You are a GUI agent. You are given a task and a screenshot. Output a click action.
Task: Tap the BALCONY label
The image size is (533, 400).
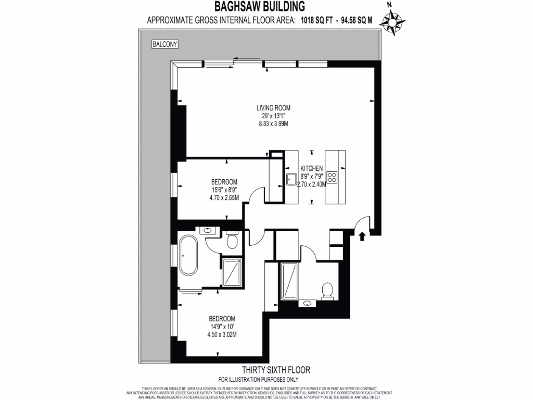(x=165, y=45)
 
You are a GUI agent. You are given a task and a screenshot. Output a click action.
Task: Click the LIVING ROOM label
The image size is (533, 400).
(x=273, y=108)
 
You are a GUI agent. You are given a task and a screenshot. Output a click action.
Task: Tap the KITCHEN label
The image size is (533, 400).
(x=312, y=169)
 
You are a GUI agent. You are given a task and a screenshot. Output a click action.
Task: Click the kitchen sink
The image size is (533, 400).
(x=290, y=180)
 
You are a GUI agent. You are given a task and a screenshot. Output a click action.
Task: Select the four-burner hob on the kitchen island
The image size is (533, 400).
(x=332, y=177)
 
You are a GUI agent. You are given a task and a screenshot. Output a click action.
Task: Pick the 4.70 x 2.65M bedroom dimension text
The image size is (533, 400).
(x=224, y=198)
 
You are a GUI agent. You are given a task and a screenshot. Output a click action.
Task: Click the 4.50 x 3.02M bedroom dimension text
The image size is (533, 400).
(x=222, y=334)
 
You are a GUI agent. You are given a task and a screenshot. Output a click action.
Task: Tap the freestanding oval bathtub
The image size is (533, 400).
(x=188, y=256)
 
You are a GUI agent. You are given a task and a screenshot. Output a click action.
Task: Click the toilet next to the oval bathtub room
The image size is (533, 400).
(x=232, y=240)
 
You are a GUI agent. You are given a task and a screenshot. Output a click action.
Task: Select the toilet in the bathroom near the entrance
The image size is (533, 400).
(x=327, y=290)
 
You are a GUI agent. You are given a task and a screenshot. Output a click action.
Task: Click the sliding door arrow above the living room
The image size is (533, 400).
(x=247, y=58)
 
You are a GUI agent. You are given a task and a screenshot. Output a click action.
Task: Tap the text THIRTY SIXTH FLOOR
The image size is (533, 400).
(x=278, y=370)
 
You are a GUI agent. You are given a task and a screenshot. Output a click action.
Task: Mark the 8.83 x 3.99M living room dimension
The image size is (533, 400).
(x=273, y=124)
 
